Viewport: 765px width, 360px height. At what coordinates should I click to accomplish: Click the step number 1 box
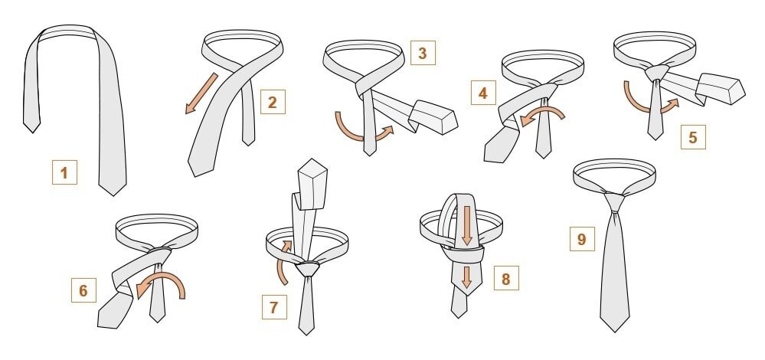tap(64, 172)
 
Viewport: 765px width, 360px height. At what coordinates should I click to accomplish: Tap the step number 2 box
tap(273, 102)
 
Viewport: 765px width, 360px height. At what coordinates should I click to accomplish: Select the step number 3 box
tap(423, 53)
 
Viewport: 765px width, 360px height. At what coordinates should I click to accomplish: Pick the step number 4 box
tap(483, 93)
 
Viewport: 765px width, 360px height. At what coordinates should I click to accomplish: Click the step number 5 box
tap(693, 137)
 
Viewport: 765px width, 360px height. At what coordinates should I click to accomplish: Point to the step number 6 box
tap(83, 290)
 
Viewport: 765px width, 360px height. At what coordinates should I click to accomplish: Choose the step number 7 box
tap(274, 307)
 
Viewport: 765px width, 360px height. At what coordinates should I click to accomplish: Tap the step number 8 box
tap(506, 278)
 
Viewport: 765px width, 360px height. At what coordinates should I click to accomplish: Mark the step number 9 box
tap(582, 238)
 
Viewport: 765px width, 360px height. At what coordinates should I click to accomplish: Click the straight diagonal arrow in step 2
tap(201, 93)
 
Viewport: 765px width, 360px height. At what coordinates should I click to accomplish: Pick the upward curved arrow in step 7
tap(283, 263)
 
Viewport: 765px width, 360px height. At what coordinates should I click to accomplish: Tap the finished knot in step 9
tap(614, 201)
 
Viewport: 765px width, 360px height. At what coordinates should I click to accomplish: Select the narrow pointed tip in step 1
tap(31, 133)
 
